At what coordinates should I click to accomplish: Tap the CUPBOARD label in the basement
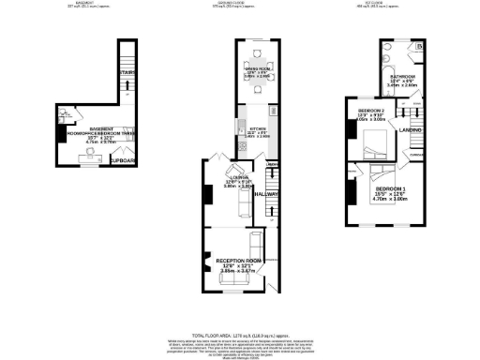[124, 161]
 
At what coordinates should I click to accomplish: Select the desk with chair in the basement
[91, 157]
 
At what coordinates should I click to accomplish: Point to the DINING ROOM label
[260, 67]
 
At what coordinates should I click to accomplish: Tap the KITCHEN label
[258, 129]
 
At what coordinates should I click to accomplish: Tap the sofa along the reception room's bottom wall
[232, 278]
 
